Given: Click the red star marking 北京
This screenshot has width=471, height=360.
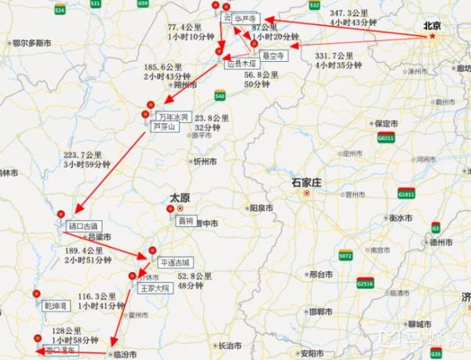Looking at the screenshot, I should tap(431, 37).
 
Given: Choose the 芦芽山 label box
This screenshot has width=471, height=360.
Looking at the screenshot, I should tap(166, 126).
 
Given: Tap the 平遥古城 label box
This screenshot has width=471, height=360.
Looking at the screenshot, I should tap(175, 263).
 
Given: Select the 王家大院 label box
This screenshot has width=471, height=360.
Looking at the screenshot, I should tap(155, 288).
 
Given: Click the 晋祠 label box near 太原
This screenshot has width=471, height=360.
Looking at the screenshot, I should tap(185, 221).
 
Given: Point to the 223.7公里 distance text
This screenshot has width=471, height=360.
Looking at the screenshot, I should tap(82, 154).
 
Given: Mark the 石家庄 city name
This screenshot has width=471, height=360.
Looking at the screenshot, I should tap(308, 182).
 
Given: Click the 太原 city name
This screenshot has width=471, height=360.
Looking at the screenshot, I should tap(180, 198).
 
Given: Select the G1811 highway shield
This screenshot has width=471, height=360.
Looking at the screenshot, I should tap(406, 193).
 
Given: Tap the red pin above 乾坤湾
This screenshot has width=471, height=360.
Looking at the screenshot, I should tap(36, 294).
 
